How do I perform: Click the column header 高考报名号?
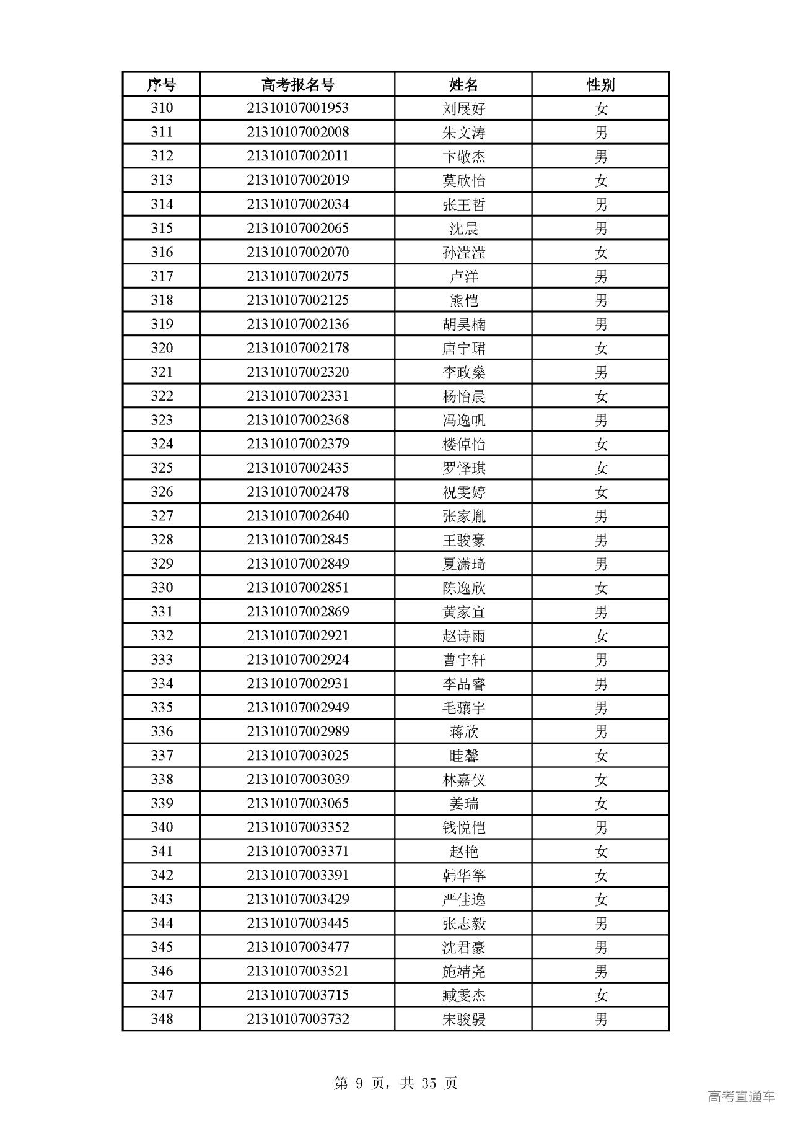point(297,84)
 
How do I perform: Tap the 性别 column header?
point(600,84)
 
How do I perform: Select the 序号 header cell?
point(161,84)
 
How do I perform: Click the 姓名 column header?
point(463,84)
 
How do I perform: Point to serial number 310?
point(161,108)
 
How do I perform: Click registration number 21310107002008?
point(297,133)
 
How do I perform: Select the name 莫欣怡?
point(463,180)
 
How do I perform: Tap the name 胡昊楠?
point(463,325)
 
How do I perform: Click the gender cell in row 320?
point(600,348)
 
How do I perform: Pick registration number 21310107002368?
point(297,421)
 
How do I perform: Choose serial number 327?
point(161,516)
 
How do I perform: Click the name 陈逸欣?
point(463,588)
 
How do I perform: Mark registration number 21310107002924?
point(297,660)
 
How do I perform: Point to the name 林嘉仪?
point(463,780)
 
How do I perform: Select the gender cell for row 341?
point(600,852)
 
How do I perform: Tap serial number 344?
point(161,923)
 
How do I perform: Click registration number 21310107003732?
point(297,1019)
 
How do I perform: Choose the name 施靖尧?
point(463,972)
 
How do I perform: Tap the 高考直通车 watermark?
point(741,1097)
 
